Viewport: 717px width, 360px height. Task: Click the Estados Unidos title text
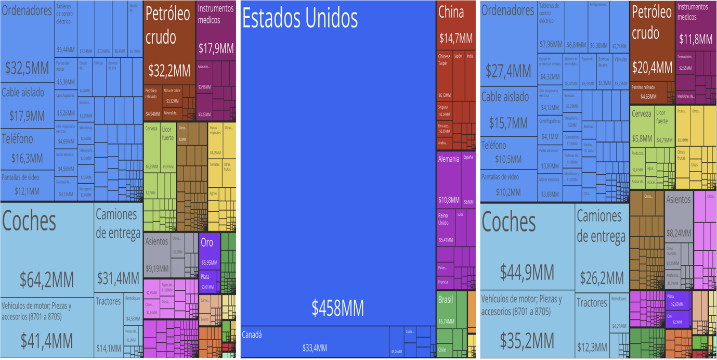point(300,19)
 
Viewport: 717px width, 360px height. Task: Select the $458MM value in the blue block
point(337,308)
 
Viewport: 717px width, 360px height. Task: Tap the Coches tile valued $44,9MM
point(527,250)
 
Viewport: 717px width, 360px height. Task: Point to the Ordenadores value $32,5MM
point(27,67)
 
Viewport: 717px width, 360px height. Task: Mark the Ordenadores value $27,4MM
point(507,71)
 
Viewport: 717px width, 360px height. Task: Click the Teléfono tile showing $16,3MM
point(27,149)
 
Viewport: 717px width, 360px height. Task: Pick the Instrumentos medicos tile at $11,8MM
point(695,26)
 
